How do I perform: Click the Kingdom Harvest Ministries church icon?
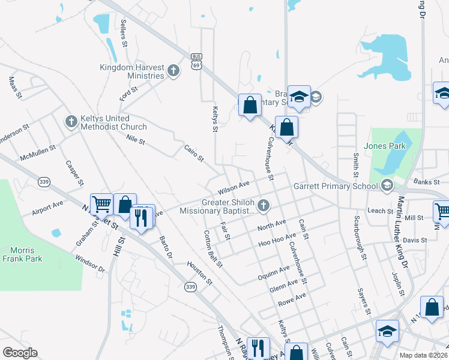point(173,71)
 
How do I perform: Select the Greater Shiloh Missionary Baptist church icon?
point(264,206)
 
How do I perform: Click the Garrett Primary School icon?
point(388,186)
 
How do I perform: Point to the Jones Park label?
point(385,146)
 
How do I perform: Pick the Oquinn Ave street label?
point(274,273)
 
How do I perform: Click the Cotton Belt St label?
point(212,248)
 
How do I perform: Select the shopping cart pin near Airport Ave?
point(101,204)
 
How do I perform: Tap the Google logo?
point(20,353)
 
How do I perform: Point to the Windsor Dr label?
point(89,265)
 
